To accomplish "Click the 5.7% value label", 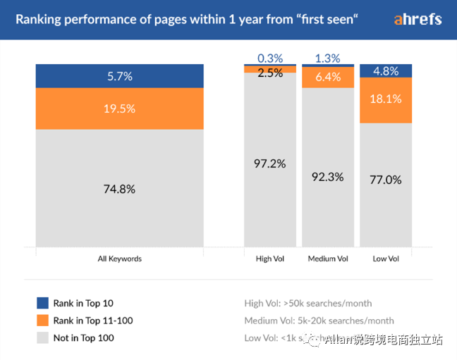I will tap(120, 75).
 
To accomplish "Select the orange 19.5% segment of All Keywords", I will tap(120, 108).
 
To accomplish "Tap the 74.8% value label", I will tap(120, 189).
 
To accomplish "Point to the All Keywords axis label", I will tap(120, 259).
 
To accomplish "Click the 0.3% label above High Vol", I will tap(270, 58).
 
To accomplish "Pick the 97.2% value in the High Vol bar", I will tap(270, 163).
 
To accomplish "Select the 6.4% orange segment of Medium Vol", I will tap(328, 77).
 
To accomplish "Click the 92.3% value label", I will tap(328, 177).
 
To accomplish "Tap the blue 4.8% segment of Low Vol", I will tap(386, 70).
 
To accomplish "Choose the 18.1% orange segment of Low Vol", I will tap(386, 99).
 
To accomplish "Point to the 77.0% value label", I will tap(386, 180).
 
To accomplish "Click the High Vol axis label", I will tap(270, 259).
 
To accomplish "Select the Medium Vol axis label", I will tap(328, 259).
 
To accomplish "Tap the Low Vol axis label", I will tap(386, 259).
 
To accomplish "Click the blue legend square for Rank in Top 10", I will tap(42, 304).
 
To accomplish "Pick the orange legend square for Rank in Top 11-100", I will tap(42, 321).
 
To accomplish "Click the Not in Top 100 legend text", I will tap(83, 338).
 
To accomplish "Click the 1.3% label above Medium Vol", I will tap(328, 58).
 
